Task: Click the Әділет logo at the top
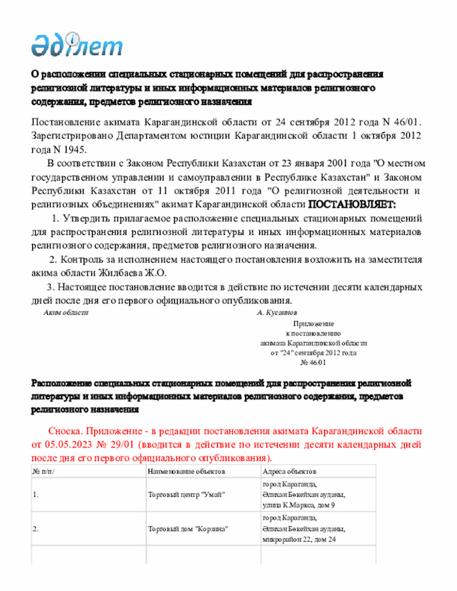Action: tap(76, 44)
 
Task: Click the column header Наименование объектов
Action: tap(186, 472)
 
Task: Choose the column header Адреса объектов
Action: tap(290, 472)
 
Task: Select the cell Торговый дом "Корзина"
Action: tap(187, 529)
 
